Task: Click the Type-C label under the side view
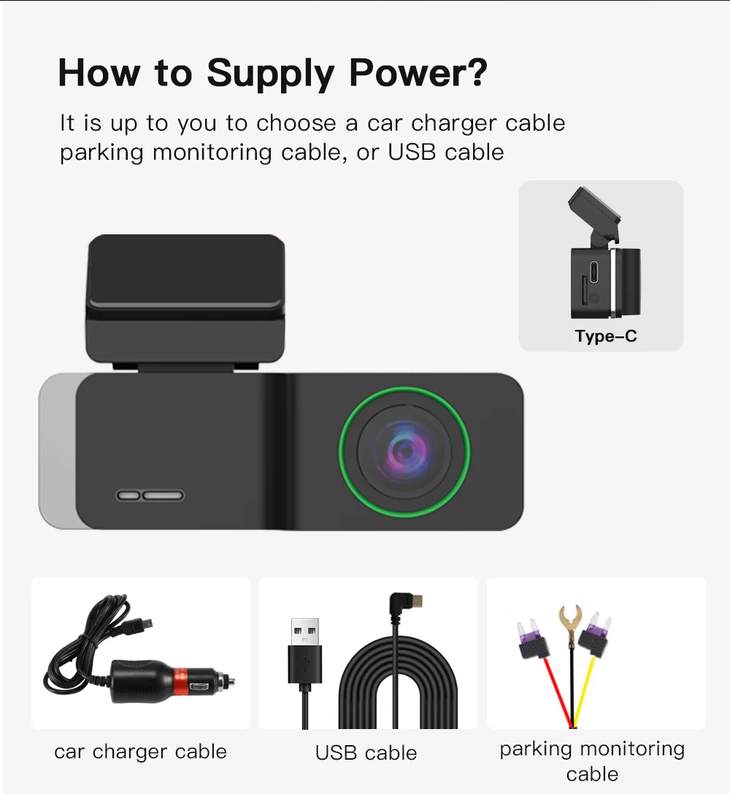[x=606, y=336]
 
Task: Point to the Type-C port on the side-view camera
[x=593, y=271]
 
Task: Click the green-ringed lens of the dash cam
[x=404, y=452]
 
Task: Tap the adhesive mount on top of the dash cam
[x=185, y=298]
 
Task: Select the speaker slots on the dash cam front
[x=150, y=496]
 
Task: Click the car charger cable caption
[x=140, y=752]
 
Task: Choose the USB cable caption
[x=366, y=753]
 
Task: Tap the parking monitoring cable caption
[x=592, y=761]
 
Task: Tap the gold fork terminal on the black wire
[x=570, y=621]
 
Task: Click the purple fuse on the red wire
[x=533, y=639]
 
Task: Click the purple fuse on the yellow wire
[x=595, y=636]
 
